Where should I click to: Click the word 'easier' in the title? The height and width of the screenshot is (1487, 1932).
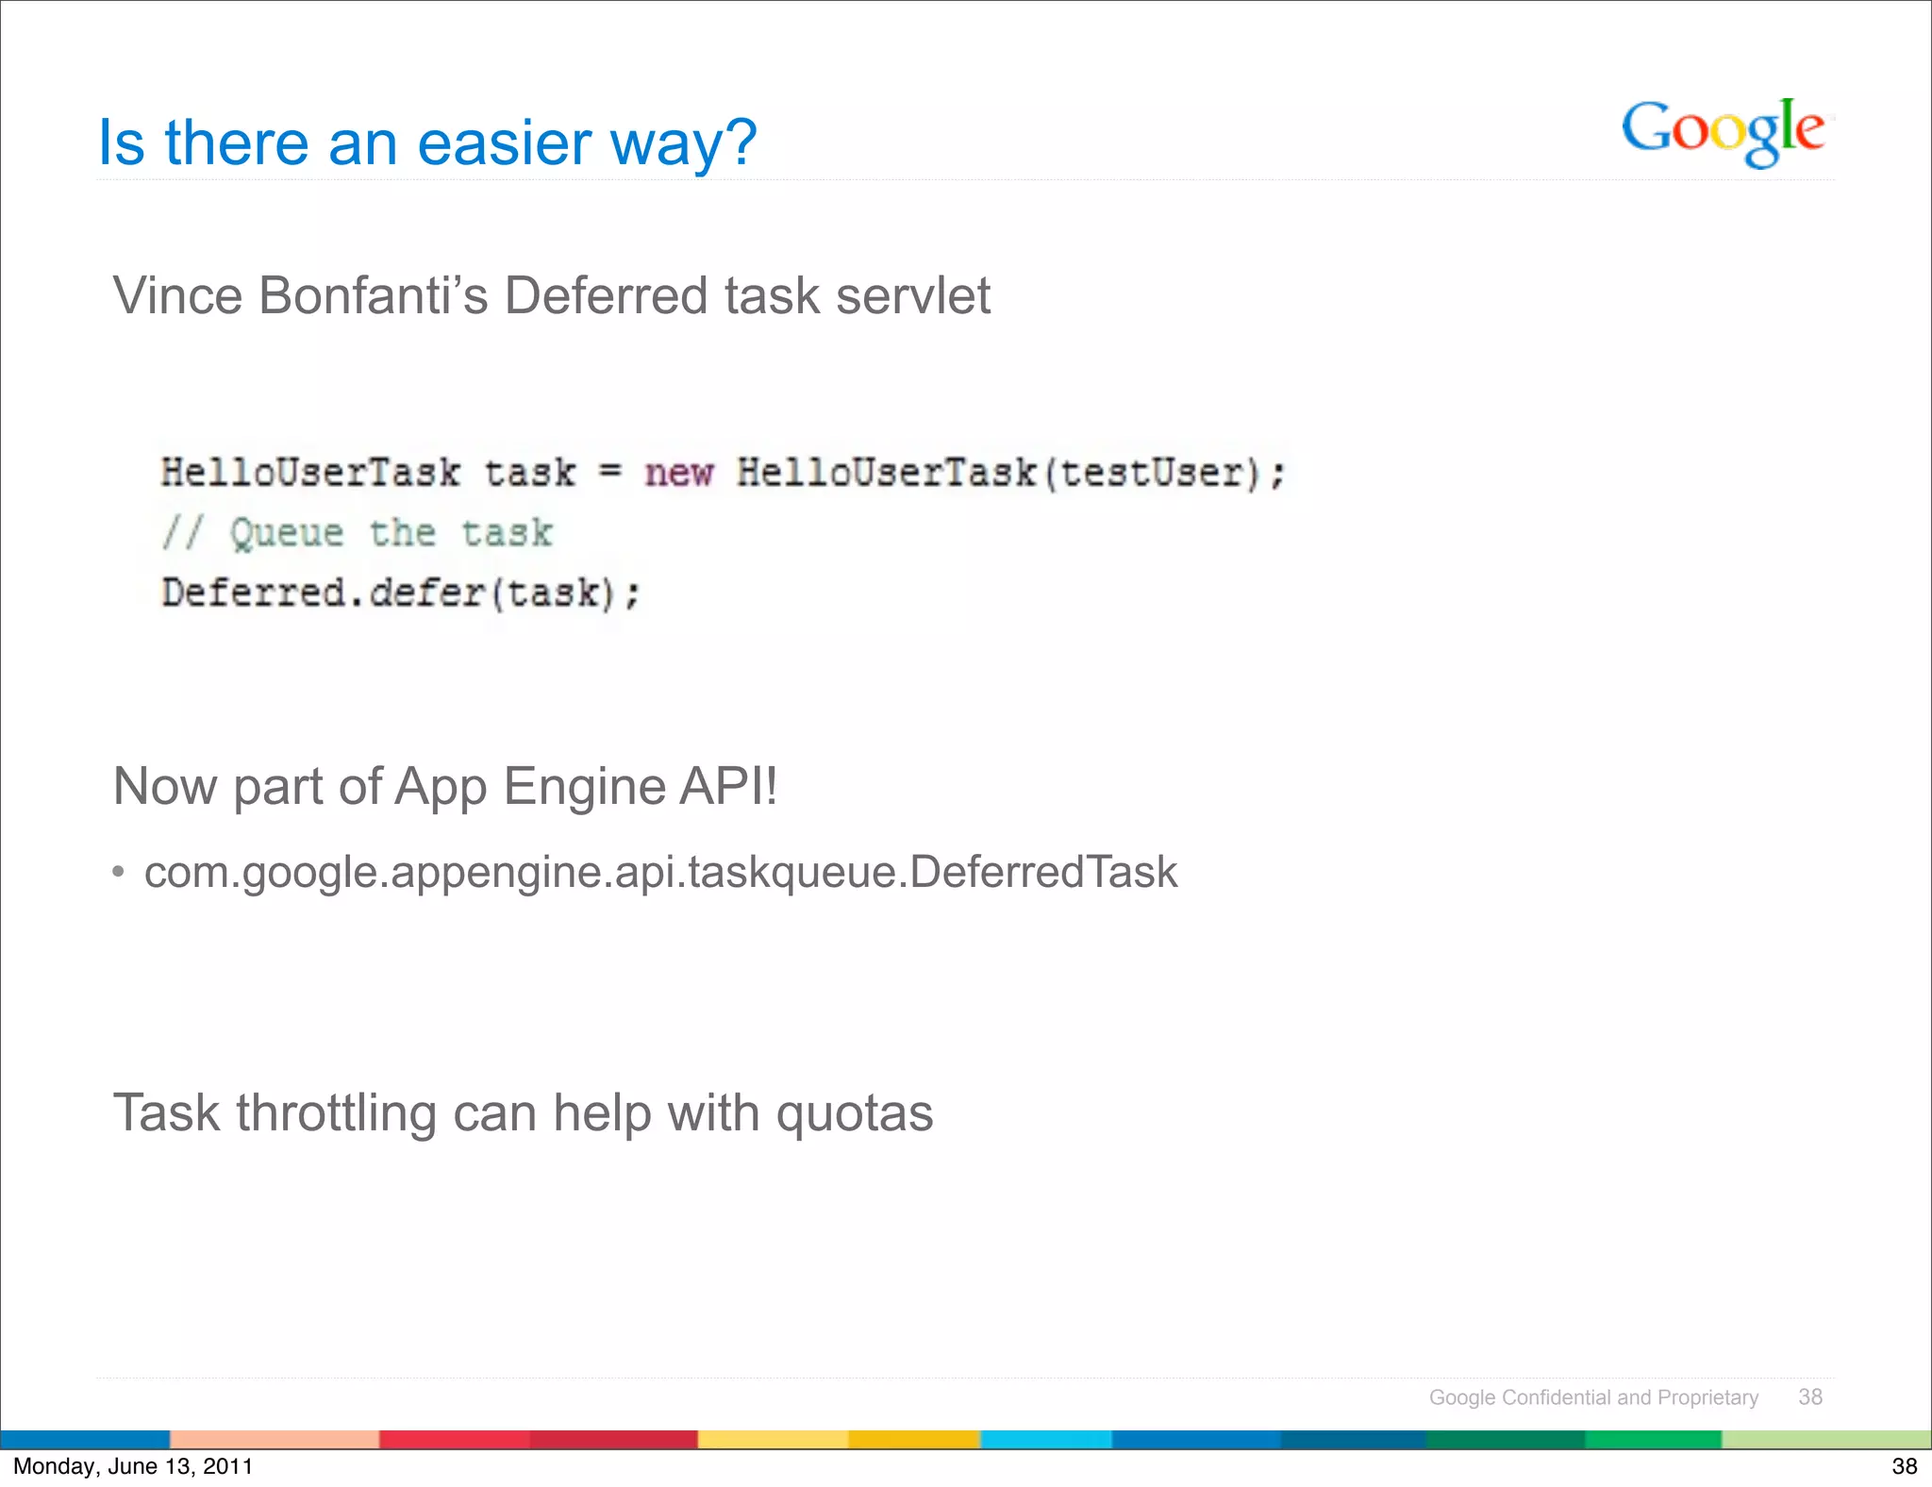point(504,143)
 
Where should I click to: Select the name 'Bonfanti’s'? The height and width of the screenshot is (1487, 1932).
point(373,295)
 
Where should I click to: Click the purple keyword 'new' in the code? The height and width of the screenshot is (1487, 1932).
point(678,473)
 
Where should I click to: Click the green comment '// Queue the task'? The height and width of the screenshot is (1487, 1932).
point(357,533)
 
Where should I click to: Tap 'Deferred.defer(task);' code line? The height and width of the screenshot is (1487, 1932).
point(401,593)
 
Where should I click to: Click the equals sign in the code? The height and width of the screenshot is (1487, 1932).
point(610,471)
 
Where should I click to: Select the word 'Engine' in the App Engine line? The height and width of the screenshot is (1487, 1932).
point(585,786)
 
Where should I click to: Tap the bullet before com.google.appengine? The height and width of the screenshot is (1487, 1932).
point(118,871)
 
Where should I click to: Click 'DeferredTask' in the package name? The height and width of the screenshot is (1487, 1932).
point(1043,871)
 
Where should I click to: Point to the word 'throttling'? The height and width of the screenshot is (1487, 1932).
point(337,1112)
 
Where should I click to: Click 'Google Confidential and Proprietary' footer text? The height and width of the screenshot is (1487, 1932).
point(1593,1397)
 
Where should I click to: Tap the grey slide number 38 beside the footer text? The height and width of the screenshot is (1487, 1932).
point(1809,1397)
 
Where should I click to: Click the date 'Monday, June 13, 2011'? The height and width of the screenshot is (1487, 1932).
point(133,1466)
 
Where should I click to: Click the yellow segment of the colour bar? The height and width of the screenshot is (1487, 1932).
point(773,1439)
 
